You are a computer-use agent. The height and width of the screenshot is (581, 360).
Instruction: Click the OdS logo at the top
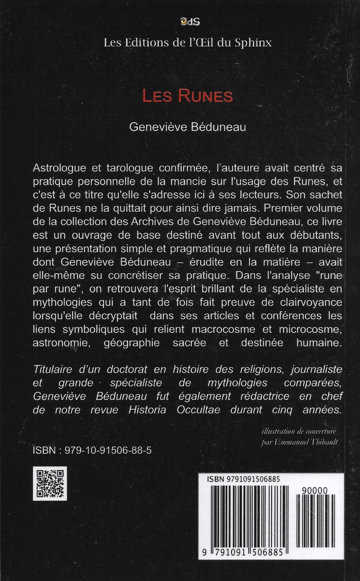pos(190,22)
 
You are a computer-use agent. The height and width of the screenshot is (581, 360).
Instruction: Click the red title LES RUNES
pos(187,97)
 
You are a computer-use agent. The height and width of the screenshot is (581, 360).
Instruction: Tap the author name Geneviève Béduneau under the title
pos(187,127)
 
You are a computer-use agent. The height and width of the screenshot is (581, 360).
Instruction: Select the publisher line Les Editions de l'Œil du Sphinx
pos(187,43)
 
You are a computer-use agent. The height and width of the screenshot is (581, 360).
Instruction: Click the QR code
pos(50,483)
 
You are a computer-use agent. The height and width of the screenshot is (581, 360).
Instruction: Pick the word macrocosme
pos(223,329)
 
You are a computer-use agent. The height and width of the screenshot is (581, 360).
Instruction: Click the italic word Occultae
pos(198,410)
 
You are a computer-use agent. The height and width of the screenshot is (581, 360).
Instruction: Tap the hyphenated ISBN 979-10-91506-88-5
pos(92,450)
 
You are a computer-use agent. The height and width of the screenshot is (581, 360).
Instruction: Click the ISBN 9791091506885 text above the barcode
pos(243,479)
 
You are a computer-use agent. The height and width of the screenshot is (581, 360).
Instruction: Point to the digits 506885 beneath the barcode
pos(267,552)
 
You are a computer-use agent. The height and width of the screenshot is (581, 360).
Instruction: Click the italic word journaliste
pos(317,369)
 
